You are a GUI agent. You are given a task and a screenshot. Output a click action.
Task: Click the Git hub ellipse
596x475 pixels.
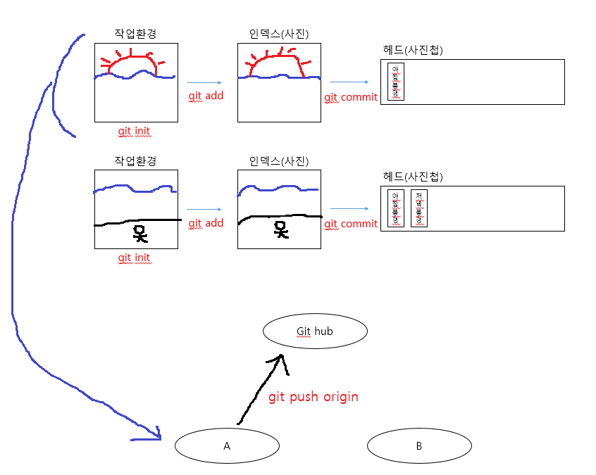(x=315, y=331)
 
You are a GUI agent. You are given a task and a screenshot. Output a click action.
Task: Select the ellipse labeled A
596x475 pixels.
(x=227, y=445)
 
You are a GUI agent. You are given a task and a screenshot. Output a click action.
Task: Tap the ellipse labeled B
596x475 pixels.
(x=419, y=445)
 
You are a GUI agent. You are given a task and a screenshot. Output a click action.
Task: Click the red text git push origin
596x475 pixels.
(x=313, y=397)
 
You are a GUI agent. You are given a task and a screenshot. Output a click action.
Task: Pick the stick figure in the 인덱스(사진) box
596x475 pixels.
(x=281, y=229)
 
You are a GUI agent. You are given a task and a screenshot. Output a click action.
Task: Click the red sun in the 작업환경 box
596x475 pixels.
(x=132, y=63)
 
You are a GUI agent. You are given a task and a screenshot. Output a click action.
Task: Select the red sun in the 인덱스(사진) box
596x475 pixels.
(x=275, y=64)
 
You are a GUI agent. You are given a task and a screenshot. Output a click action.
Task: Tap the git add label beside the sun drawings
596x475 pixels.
(x=206, y=95)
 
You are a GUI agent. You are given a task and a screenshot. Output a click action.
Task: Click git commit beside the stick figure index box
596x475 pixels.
(x=351, y=224)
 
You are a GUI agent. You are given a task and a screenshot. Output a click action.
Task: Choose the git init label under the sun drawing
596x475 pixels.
(x=134, y=131)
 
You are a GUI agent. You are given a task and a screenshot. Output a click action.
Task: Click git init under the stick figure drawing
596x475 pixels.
(x=134, y=258)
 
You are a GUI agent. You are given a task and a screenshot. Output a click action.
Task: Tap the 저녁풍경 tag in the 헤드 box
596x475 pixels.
(x=419, y=208)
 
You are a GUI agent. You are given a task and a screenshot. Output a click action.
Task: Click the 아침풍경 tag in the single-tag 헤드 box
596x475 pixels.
(x=396, y=82)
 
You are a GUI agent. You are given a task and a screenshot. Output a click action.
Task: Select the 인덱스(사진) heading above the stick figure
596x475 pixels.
(x=279, y=160)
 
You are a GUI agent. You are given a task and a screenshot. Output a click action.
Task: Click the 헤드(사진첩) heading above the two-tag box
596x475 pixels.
(x=413, y=176)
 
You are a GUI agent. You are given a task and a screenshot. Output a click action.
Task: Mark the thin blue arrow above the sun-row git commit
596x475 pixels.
(x=349, y=82)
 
